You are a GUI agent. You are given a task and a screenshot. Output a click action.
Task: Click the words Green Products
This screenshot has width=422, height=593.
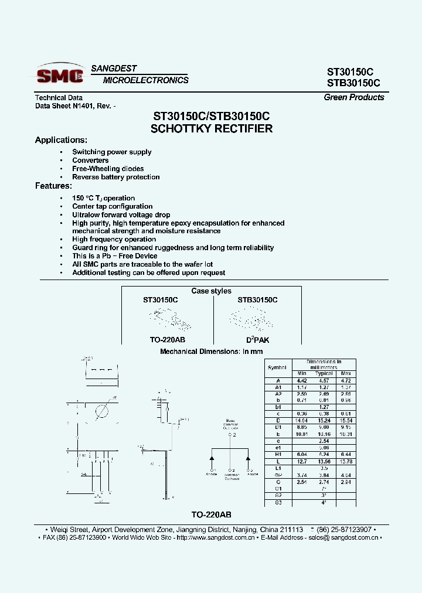(354, 97)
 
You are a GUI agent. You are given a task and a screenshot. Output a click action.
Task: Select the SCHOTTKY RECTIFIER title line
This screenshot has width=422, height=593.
(212, 129)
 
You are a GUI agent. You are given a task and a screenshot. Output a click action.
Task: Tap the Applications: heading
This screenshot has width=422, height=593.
(61, 140)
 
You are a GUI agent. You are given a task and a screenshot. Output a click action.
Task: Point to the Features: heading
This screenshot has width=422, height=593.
(53, 186)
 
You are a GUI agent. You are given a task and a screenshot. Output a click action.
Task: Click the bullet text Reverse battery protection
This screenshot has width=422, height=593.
(116, 177)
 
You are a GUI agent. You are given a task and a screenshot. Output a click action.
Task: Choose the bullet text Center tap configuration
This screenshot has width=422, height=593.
(113, 206)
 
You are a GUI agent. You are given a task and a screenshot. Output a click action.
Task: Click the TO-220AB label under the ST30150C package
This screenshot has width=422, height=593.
(160, 339)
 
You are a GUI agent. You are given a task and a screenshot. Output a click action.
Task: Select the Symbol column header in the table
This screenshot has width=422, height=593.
(277, 367)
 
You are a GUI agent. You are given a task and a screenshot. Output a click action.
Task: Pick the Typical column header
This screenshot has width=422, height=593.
(324, 373)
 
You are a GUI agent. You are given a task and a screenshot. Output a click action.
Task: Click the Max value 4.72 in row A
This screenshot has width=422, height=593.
(346, 380)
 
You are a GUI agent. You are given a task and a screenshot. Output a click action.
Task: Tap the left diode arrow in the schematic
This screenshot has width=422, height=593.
(212, 457)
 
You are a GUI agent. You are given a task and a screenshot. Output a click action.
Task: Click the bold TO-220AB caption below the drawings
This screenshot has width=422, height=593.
(211, 514)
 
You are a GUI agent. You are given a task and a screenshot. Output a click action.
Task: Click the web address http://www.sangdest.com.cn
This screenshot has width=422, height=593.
(215, 537)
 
